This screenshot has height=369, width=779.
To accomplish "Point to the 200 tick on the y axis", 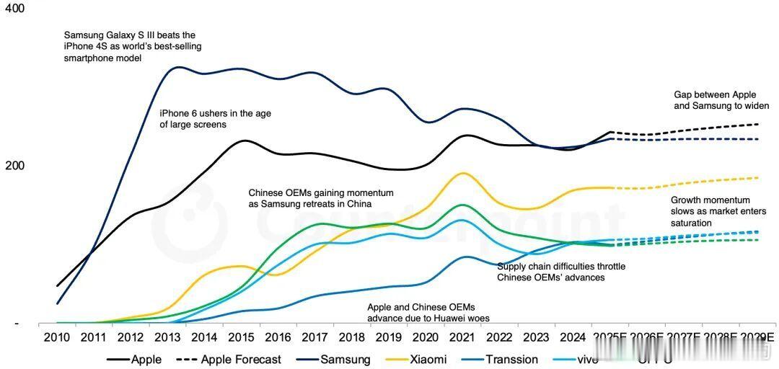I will (x=15, y=166).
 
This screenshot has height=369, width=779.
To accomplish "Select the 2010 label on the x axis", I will (x=57, y=337).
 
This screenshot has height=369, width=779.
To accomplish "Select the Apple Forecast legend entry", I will (x=229, y=359).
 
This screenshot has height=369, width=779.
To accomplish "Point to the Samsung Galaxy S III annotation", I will (x=130, y=46).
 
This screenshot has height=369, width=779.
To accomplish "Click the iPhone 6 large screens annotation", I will (x=215, y=119).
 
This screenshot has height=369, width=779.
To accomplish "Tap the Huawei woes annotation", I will (x=421, y=312).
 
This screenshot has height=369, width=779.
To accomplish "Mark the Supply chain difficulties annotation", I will (x=561, y=272).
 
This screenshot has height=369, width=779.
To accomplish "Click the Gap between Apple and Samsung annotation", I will (x=721, y=100).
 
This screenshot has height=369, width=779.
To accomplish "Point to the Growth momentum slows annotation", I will (x=710, y=211).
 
